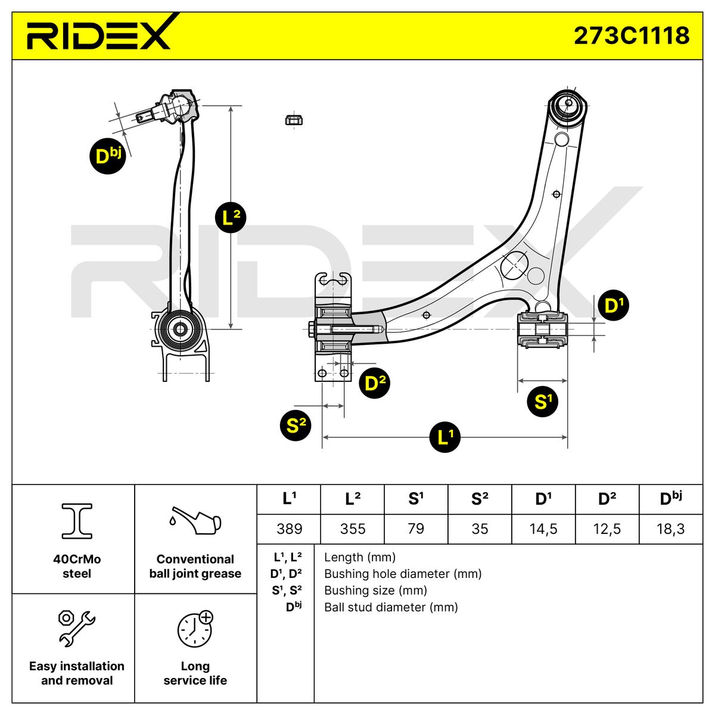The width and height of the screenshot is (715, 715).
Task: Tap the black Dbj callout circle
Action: click(108, 156)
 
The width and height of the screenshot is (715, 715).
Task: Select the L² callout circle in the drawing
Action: click(231, 217)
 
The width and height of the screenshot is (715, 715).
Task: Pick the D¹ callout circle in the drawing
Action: click(613, 306)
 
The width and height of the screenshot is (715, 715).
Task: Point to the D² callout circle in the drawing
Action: click(375, 383)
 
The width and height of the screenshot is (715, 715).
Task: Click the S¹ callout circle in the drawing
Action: click(542, 402)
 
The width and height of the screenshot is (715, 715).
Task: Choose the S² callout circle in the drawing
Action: click(296, 425)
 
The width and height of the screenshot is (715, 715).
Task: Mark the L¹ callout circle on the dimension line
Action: click(445, 437)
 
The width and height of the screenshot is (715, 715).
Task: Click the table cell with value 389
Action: click(289, 529)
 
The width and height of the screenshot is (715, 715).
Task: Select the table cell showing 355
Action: click(353, 529)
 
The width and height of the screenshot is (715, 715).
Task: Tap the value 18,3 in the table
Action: click(670, 529)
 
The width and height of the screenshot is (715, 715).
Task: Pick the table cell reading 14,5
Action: click(543, 529)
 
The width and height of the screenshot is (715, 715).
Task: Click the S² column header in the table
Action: click(480, 499)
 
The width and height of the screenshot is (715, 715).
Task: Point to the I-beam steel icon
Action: click(77, 521)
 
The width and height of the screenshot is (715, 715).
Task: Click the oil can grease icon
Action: click(195, 520)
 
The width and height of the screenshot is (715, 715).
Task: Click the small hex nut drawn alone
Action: click(294, 120)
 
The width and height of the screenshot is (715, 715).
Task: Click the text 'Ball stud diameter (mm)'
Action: click(391, 607)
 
